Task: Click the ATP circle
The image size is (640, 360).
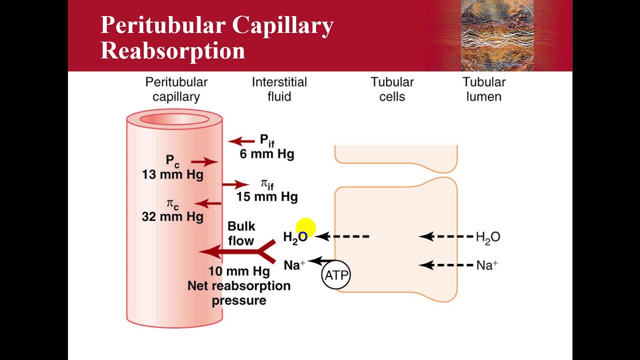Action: [336, 275]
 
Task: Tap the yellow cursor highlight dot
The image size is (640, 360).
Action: [305, 228]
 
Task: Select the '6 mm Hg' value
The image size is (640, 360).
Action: [266, 154]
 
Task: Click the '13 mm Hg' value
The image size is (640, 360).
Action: [172, 174]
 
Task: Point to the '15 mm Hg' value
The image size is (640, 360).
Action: [266, 196]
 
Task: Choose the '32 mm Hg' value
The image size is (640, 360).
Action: [172, 216]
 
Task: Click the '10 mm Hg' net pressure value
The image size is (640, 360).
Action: [239, 271]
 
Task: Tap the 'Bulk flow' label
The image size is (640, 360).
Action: [241, 233]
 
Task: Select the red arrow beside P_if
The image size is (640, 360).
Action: [241, 141]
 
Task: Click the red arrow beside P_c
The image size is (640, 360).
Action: [204, 161]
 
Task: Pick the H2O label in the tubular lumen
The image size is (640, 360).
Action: [488, 237]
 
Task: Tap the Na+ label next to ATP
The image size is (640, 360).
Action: [294, 265]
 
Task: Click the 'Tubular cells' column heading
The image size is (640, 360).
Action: [392, 89]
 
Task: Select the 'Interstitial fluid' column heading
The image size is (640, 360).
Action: [279, 89]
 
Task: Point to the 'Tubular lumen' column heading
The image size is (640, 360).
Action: [483, 89]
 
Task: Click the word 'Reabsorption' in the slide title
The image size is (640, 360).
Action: [172, 51]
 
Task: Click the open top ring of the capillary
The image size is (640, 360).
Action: [174, 119]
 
